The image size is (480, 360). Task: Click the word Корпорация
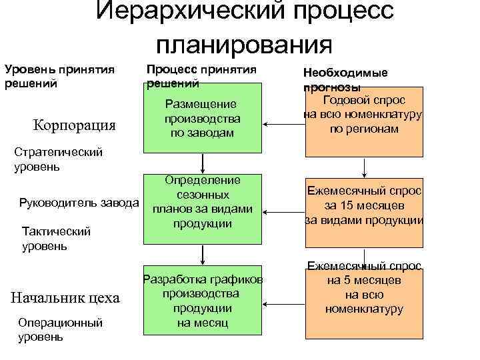pos(74,125)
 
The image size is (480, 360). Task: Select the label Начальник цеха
pos(65,297)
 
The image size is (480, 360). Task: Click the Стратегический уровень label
pos(58,159)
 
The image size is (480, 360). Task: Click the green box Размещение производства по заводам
pos(202,119)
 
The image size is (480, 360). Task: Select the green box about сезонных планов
pos(202,202)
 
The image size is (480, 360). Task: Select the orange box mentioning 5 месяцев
pos(364,299)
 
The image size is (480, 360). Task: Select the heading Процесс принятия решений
pos(201,76)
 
